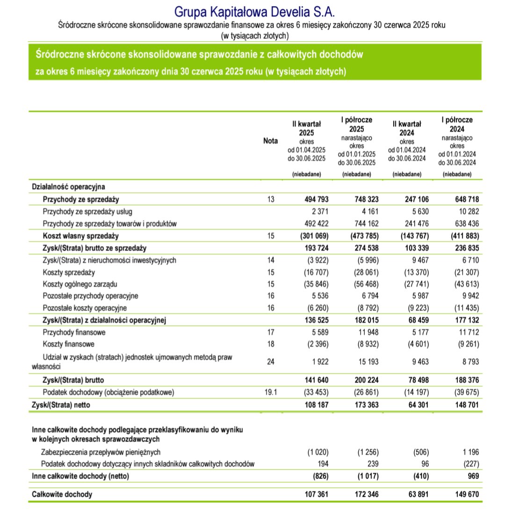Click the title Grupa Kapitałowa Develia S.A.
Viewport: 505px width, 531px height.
pyautogui.click(x=254, y=11)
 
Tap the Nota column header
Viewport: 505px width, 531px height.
pyautogui.click(x=270, y=141)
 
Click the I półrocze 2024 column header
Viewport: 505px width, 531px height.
pyautogui.click(x=457, y=124)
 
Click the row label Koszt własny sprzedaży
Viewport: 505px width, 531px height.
pyautogui.click(x=80, y=236)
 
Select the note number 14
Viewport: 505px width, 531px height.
pyautogui.click(x=270, y=260)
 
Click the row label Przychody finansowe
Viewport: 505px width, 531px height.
pyautogui.click(x=74, y=333)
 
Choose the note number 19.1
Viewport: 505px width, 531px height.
pyautogui.click(x=270, y=393)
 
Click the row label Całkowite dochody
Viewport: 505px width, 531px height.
pyautogui.click(x=62, y=494)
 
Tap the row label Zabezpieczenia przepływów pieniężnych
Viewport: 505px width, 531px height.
pyautogui.click(x=101, y=452)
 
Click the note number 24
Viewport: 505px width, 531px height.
pyautogui.click(x=270, y=361)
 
